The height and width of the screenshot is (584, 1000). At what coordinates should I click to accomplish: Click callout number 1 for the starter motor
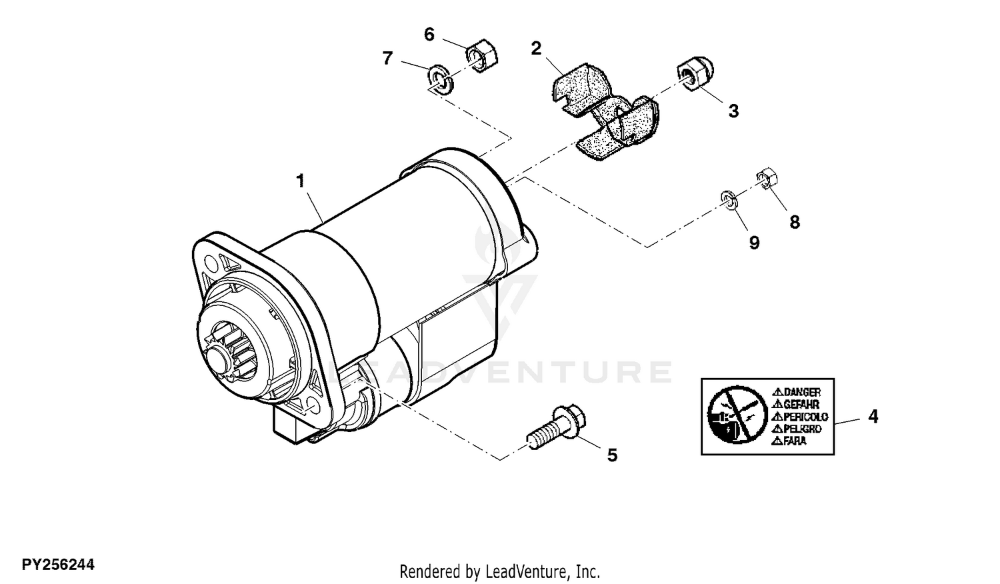(x=301, y=181)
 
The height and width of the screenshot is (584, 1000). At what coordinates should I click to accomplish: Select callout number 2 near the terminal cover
(x=536, y=48)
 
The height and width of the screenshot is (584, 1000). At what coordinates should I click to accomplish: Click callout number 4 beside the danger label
(x=873, y=416)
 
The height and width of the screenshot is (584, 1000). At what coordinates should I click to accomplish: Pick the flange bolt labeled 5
(x=556, y=427)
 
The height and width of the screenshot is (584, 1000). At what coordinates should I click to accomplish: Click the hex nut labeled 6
(x=482, y=56)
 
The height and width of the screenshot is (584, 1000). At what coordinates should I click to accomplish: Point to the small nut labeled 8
(x=767, y=178)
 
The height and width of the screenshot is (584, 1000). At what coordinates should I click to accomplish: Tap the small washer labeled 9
(x=729, y=200)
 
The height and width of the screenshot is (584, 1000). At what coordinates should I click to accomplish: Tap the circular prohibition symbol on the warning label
(x=735, y=415)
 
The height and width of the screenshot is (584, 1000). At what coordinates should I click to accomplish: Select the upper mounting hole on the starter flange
(x=209, y=261)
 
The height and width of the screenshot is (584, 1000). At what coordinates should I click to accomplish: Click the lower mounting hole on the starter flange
(x=313, y=406)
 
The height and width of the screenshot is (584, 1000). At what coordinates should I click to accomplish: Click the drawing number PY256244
(x=58, y=565)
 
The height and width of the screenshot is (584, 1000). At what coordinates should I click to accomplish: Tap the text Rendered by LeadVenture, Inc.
(x=499, y=571)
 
